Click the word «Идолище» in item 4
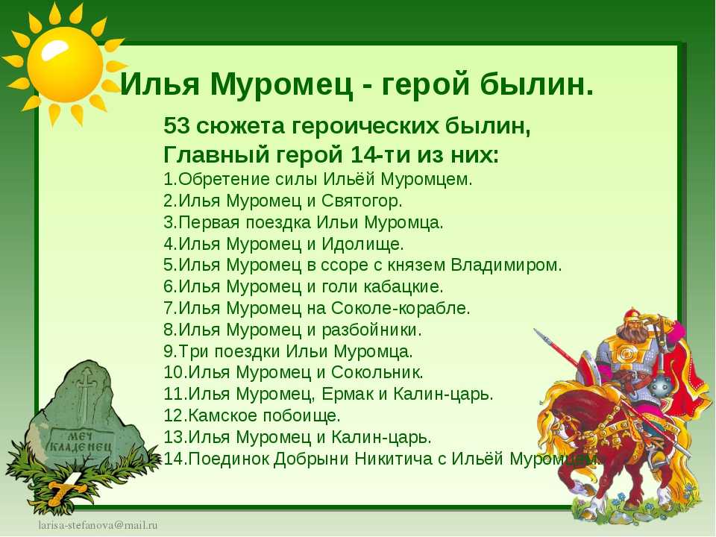pos(362,245)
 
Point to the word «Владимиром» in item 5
pos(506,266)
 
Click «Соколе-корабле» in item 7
pos(400,308)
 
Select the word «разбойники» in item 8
pos(371,330)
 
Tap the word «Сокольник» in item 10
pos(377,373)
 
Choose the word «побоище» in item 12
pos(301,415)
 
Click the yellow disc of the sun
pos(65,64)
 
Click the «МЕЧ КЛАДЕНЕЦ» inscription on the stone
pos(80,441)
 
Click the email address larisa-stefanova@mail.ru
pos(98,524)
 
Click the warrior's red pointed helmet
pos(633,315)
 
